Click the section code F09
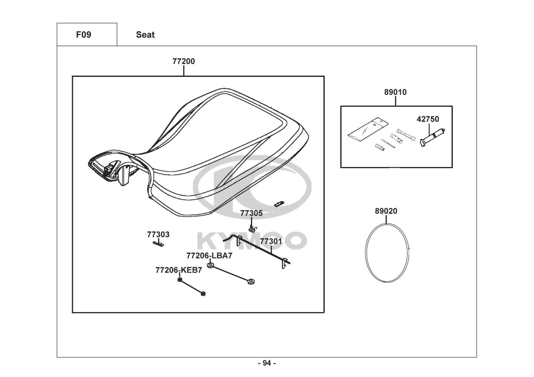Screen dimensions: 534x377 pyautogui.click(x=83, y=35)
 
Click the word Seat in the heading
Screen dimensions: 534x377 pyautogui.click(x=145, y=35)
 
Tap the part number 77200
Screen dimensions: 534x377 pyautogui.click(x=183, y=61)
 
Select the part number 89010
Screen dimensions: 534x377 pyautogui.click(x=395, y=92)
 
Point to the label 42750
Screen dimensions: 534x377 pyautogui.click(x=428, y=119)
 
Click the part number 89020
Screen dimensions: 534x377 pyautogui.click(x=386, y=211)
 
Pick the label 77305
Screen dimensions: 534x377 pyautogui.click(x=251, y=213)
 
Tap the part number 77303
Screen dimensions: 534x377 pyautogui.click(x=158, y=234)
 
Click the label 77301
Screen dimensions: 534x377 pyautogui.click(x=271, y=242)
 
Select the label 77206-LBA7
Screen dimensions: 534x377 pyautogui.click(x=209, y=256)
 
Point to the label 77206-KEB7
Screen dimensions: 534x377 pyautogui.click(x=179, y=270)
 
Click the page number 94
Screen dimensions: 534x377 pyautogui.click(x=267, y=363)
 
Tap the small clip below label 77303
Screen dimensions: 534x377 pyautogui.click(x=159, y=244)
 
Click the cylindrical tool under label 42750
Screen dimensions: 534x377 pyautogui.click(x=432, y=138)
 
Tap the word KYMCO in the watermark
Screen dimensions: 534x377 pyautogui.click(x=252, y=241)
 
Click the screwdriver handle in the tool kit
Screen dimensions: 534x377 pyautogui.click(x=380, y=147)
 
